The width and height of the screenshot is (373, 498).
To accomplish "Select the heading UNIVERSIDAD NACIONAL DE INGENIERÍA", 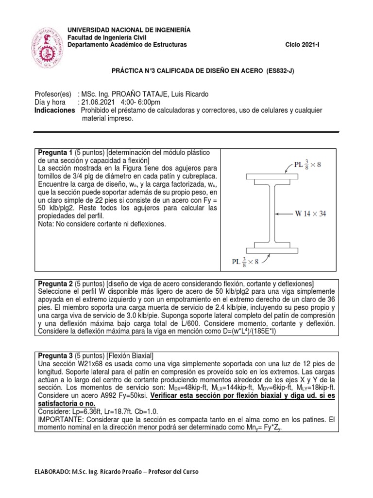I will point(129,30).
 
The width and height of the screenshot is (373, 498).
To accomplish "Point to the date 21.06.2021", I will point(98,103).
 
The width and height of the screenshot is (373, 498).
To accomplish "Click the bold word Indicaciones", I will point(55,110).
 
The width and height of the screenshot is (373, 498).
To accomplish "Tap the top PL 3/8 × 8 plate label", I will point(307,164).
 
